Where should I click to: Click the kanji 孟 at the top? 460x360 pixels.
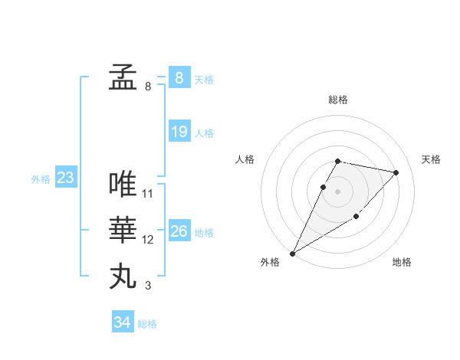[123, 77]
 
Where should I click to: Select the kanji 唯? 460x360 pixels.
[123, 184]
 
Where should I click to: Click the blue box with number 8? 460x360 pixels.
[179, 77]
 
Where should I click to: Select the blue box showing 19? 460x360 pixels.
[179, 132]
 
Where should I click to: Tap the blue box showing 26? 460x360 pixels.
[179, 231]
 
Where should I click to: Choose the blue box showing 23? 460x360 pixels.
[65, 178]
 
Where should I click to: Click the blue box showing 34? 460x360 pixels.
[122, 322]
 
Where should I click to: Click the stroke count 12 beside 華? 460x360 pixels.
[148, 240]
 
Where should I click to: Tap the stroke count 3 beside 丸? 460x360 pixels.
[148, 286]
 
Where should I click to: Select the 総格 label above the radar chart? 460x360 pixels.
[338, 100]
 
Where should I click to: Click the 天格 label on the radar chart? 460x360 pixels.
[432, 159]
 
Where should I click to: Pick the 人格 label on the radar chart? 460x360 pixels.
[245, 159]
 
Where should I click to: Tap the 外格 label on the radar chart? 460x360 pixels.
[270, 262]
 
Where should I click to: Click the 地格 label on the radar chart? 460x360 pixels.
[402, 262]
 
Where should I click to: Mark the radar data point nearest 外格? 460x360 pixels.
[292, 253]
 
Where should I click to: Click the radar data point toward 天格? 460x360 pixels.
[396, 172]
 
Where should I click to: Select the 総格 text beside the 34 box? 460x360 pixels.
[147, 324]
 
